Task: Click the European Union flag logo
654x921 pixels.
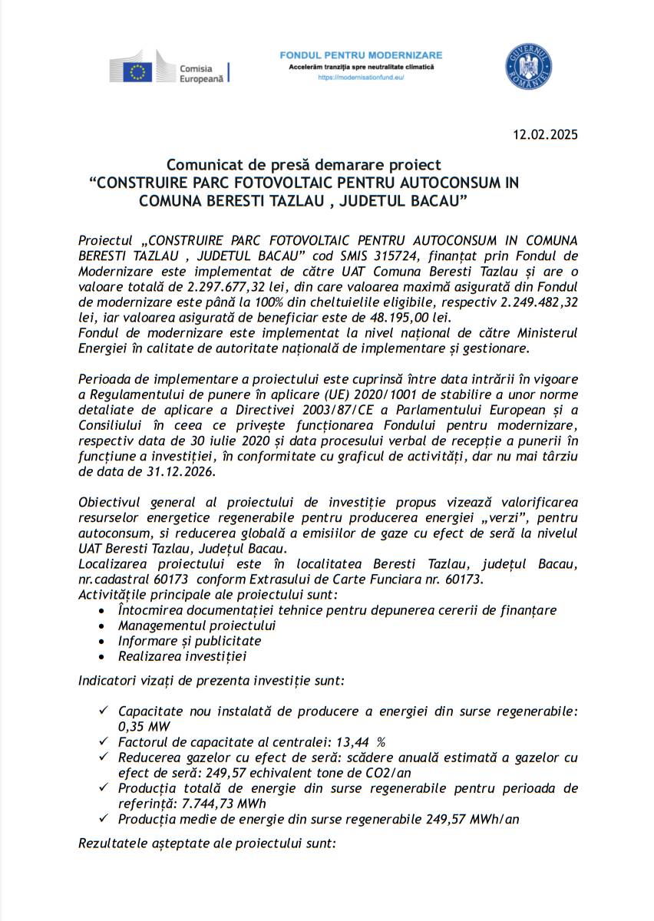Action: tap(138, 72)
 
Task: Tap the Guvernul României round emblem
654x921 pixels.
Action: tap(528, 66)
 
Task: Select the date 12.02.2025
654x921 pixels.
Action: tap(545, 135)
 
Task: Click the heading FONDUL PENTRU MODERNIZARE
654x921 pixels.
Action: tap(361, 56)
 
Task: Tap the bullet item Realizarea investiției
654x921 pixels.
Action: tap(183, 655)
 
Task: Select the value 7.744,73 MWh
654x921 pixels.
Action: tap(224, 803)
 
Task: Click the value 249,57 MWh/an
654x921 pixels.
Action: tap(472, 819)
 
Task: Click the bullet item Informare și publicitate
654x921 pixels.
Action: tap(190, 640)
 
